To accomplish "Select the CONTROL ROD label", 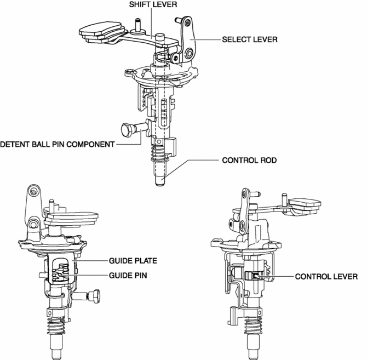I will click(x=249, y=161).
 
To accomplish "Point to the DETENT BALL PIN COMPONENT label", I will click(x=57, y=145).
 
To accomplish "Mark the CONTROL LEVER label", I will click(x=326, y=277).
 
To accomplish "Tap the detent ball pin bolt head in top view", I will click(x=125, y=131).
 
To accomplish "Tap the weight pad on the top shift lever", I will click(x=100, y=31).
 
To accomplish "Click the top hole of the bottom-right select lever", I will click(x=245, y=196).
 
